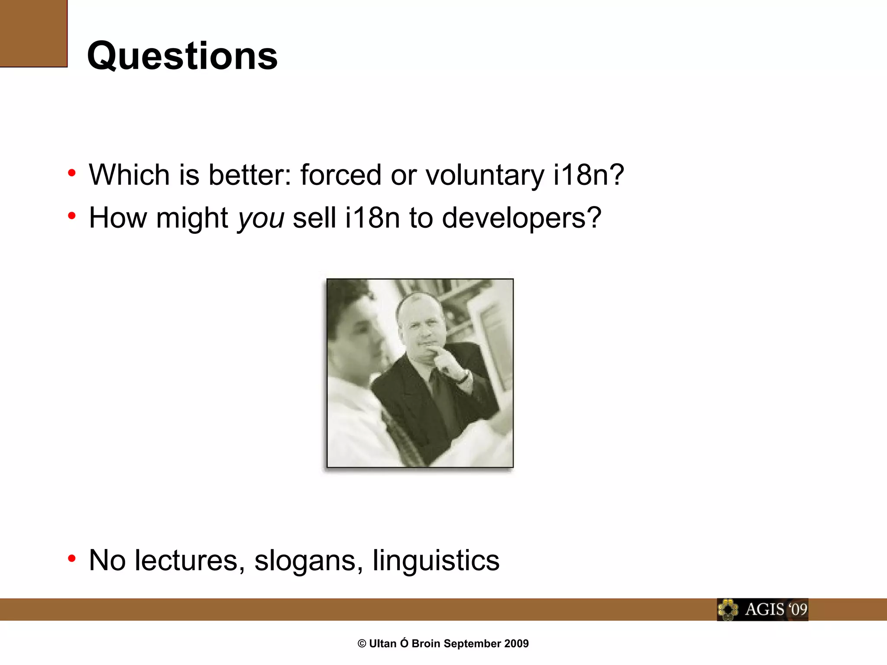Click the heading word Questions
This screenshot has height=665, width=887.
(182, 56)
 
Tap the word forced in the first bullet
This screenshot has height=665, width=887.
(341, 175)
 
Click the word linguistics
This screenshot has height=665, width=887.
(436, 561)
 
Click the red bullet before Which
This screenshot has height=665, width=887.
(72, 173)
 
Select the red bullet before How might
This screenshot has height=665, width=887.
(72, 215)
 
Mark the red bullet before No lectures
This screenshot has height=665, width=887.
(72, 558)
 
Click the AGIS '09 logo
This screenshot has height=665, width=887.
(762, 610)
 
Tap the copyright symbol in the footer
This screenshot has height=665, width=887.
(362, 644)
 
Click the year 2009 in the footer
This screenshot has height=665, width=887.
(516, 644)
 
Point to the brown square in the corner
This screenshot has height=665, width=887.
(33, 33)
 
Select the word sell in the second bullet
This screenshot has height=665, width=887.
(314, 218)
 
